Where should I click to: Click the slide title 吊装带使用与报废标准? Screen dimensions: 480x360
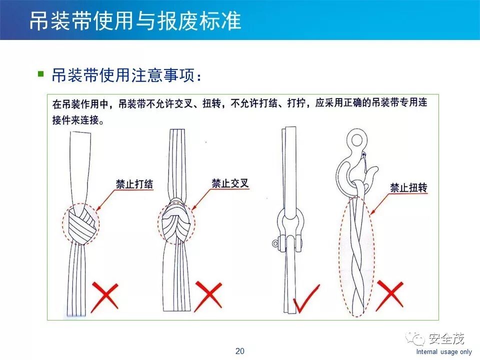point(135,21)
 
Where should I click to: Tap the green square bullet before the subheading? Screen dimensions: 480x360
point(40,74)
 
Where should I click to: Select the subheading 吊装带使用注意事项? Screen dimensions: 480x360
point(123,75)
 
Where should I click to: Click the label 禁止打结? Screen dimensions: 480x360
point(134,184)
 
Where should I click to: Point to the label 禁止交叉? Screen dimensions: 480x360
point(230,183)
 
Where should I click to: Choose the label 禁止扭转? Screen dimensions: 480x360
point(408,187)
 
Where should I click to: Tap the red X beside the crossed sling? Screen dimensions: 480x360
point(208,295)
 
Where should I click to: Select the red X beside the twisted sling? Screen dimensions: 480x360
point(389,295)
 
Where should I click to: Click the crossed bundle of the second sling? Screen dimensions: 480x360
point(176,221)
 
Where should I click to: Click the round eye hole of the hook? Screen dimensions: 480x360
point(356,140)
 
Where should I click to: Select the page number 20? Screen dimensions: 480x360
point(239,351)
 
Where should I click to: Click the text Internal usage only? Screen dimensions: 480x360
point(444,351)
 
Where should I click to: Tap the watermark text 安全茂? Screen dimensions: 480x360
point(446,338)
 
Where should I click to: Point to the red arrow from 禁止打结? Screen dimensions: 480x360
point(105,200)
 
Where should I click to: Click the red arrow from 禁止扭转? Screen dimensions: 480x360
point(380,204)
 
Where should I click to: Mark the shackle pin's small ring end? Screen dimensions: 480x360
point(275,243)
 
